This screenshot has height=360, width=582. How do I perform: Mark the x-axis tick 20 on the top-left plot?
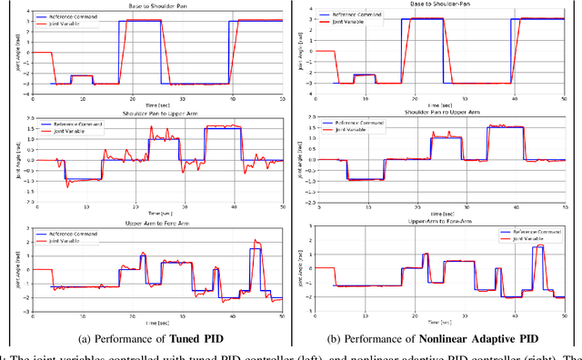point(132,99)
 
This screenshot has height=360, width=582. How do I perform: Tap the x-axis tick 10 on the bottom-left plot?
point(83,314)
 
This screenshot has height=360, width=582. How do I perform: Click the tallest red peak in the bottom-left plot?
point(256,242)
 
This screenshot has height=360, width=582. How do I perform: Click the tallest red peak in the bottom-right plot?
point(543,245)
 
